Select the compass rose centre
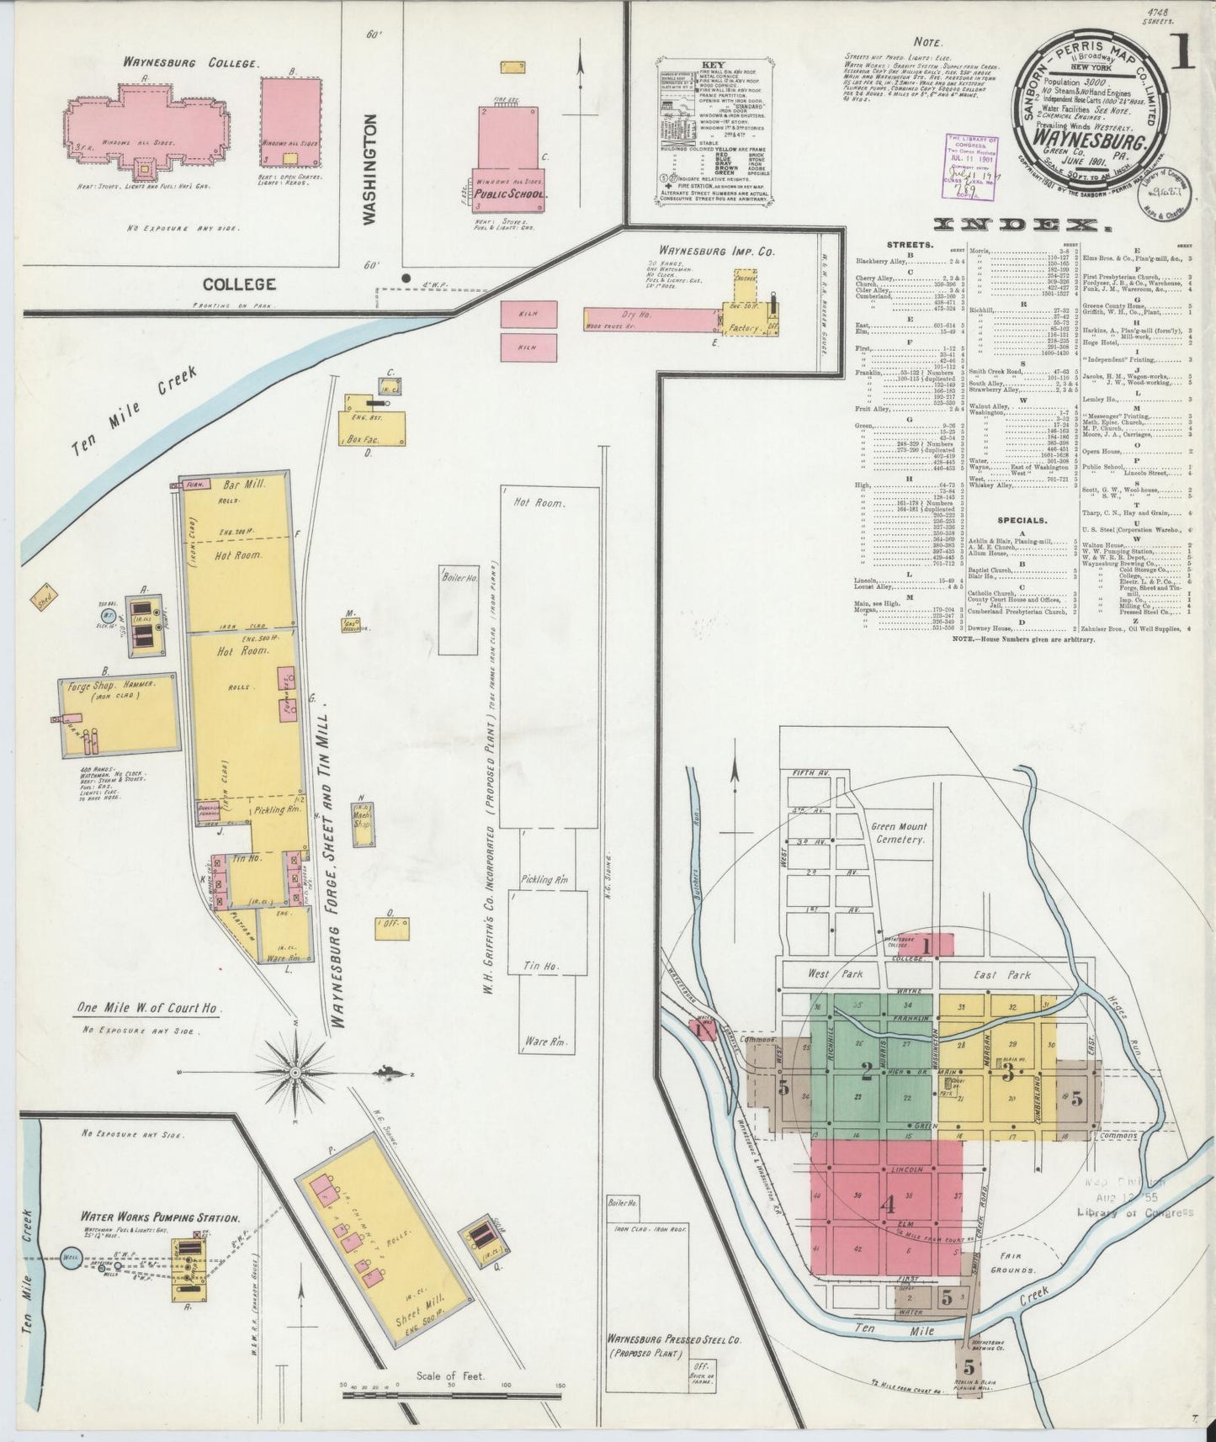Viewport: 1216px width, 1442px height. point(296,1074)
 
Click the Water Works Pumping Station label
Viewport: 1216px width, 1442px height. point(160,1217)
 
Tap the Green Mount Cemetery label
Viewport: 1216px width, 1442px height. point(900,833)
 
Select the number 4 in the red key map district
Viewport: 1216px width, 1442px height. point(886,1205)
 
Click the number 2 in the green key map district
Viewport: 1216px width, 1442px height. point(866,1071)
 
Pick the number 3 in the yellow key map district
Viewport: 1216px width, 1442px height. point(1007,1072)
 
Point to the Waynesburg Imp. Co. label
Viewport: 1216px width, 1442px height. point(706,251)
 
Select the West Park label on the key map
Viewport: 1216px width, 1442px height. point(830,974)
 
